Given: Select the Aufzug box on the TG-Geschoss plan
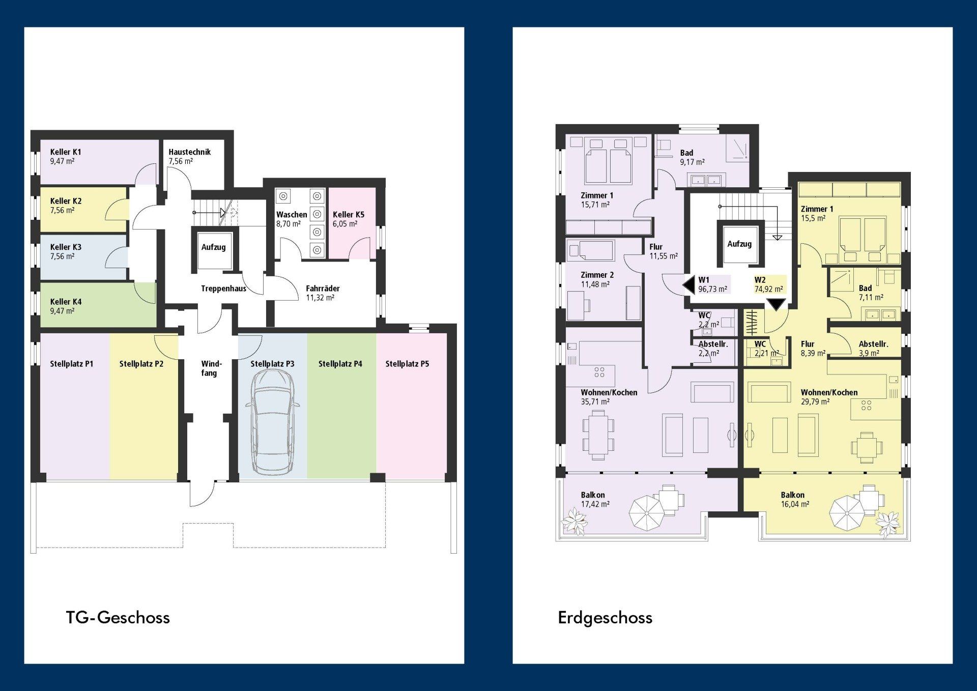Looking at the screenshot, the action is point(213,250).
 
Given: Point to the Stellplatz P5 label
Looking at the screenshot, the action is point(407,364).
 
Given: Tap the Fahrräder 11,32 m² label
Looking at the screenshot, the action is point(323,293).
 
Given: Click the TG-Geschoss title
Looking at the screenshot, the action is point(118,617).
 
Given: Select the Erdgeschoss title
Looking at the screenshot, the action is point(605,618).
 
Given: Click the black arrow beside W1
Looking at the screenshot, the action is point(688,285).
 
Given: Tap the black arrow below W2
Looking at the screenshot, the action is point(776,304).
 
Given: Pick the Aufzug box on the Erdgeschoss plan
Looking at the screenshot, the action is point(740,244).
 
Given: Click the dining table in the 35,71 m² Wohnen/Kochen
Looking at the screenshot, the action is point(597,435).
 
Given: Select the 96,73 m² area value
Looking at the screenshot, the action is point(712,289).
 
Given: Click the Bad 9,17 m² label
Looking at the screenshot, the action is point(692,157).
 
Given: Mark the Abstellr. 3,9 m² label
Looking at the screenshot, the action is point(873,349).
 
